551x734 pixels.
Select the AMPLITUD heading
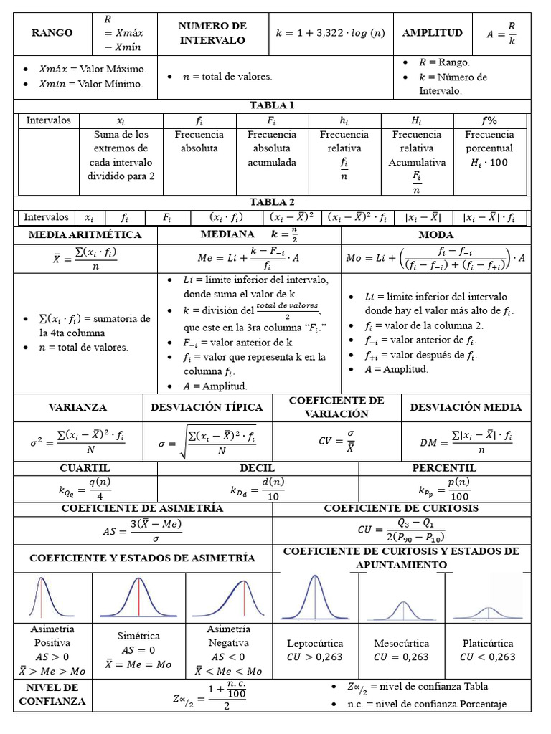tap(432, 33)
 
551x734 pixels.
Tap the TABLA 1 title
tap(272, 105)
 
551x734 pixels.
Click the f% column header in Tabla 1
tap(489, 120)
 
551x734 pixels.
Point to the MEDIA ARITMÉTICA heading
tap(85, 235)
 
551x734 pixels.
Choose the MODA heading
tap(435, 235)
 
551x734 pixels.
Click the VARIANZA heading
tap(77, 407)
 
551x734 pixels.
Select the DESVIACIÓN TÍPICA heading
tap(207, 407)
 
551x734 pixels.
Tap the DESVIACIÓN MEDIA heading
tap(466, 407)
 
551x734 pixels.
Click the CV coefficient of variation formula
tap(337, 441)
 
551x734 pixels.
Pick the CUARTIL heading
tap(85, 468)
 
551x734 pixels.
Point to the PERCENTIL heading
tap(444, 468)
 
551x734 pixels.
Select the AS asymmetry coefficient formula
tap(142, 530)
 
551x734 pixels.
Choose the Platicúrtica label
tap(488, 643)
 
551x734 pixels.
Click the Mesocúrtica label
tap(402, 643)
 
